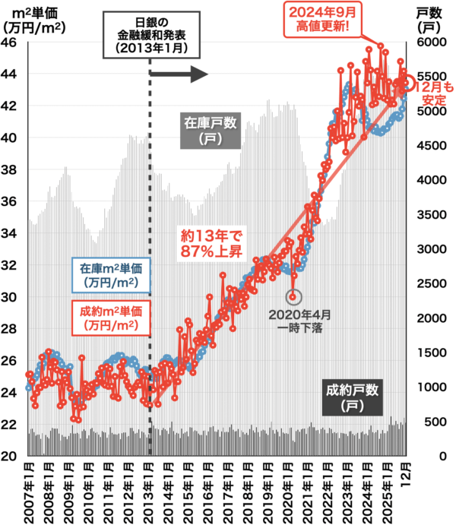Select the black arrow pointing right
pos(179,74)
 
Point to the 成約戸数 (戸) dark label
pos(352,397)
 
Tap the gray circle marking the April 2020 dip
pos(294,297)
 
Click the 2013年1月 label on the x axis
pos(150,491)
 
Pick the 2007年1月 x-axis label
pos(29,491)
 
